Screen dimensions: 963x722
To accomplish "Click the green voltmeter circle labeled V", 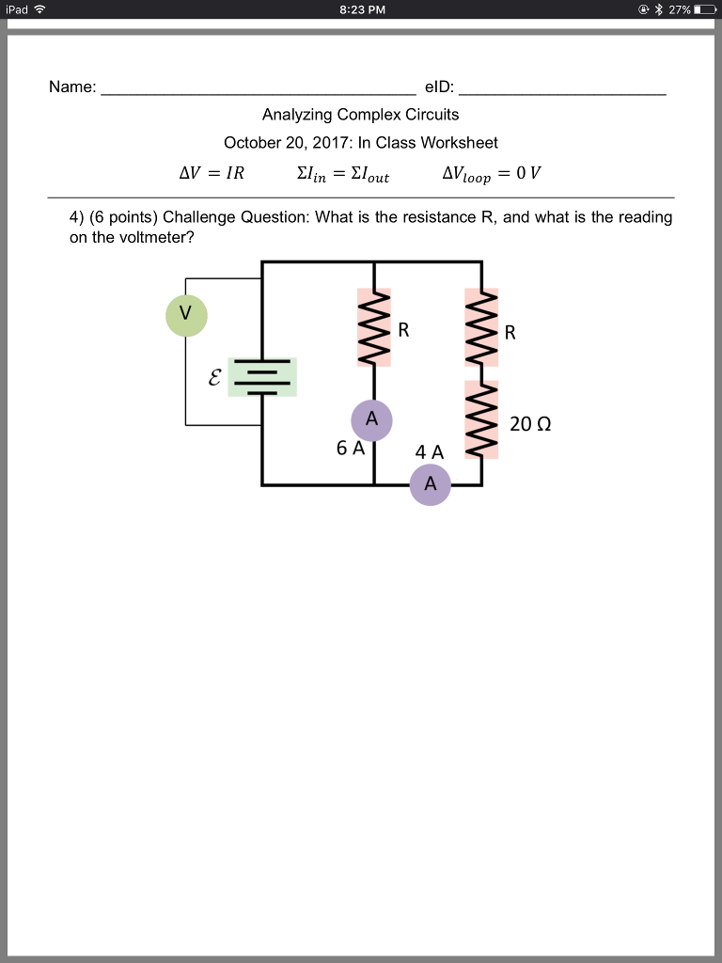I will pos(187,315).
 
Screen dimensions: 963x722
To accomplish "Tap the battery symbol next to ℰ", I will pos(262,377).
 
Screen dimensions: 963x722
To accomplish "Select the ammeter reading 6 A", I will pos(372,420).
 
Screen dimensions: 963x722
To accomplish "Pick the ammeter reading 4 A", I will pos(431,485).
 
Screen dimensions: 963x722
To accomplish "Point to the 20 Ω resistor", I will pos(482,419).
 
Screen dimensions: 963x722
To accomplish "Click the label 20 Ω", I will pos(530,424).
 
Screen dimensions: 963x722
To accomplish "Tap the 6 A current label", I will pos(350,449).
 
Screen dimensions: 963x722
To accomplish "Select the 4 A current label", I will pos(430,452).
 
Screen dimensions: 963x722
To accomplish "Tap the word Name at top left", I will pos(72,87).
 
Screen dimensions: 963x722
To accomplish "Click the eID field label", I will pos(439,87).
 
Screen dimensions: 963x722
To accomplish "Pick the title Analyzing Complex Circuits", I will pos(361,115).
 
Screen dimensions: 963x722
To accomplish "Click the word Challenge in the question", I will pos(200,217).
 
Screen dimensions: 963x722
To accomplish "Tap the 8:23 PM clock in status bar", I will pos(361,10).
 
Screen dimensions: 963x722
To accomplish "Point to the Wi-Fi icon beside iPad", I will pos(39,10).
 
